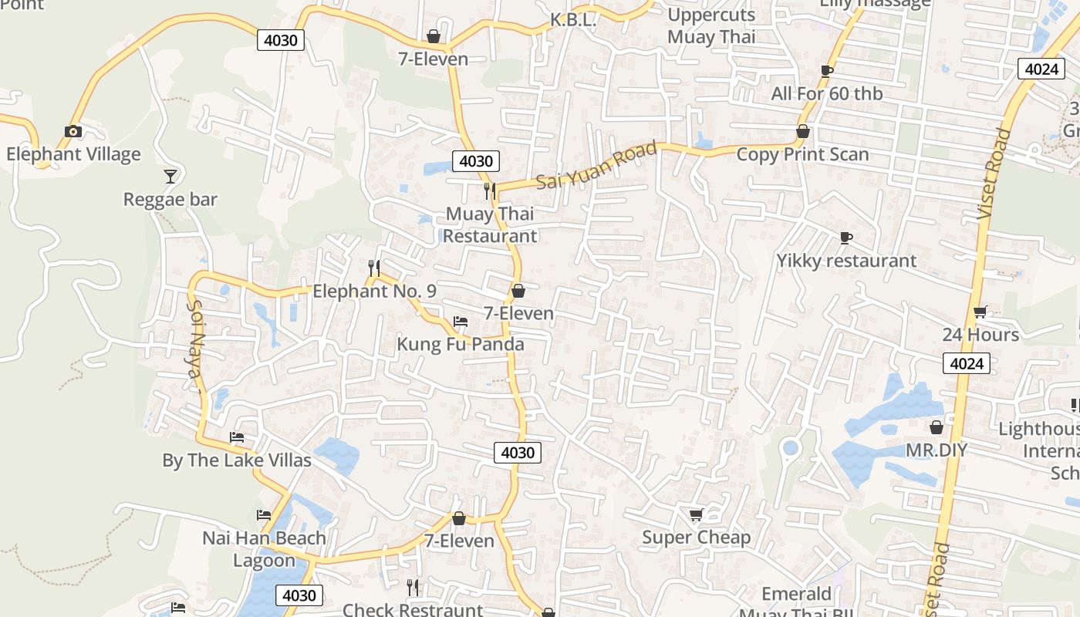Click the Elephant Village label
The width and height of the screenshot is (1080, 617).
pyautogui.click(x=73, y=154)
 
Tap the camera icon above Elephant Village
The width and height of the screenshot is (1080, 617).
pyautogui.click(x=73, y=131)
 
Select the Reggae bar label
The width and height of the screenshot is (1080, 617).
pyautogui.click(x=170, y=200)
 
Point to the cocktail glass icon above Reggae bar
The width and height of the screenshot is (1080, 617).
pyautogui.click(x=170, y=176)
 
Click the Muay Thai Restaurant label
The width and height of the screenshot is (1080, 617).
pyautogui.click(x=490, y=224)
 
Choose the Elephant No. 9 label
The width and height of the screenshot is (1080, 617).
pyautogui.click(x=374, y=292)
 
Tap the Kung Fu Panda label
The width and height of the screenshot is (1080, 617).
pyautogui.click(x=461, y=344)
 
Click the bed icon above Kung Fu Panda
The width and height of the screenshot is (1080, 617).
pyautogui.click(x=461, y=321)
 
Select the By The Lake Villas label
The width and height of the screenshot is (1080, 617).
pyautogui.click(x=237, y=460)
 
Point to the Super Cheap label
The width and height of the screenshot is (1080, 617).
pyautogui.click(x=696, y=538)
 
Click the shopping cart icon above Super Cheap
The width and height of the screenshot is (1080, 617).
pyautogui.click(x=696, y=514)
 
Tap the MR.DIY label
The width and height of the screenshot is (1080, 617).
pyautogui.click(x=937, y=450)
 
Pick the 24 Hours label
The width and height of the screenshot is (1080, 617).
pyautogui.click(x=980, y=335)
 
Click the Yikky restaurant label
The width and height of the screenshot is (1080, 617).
pyautogui.click(x=846, y=261)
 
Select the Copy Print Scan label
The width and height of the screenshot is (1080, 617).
pyautogui.click(x=802, y=154)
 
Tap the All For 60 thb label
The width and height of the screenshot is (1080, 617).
pyautogui.click(x=827, y=94)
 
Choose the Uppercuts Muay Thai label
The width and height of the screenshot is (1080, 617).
pyautogui.click(x=711, y=25)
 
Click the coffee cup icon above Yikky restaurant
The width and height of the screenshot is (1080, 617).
pyautogui.click(x=846, y=238)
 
